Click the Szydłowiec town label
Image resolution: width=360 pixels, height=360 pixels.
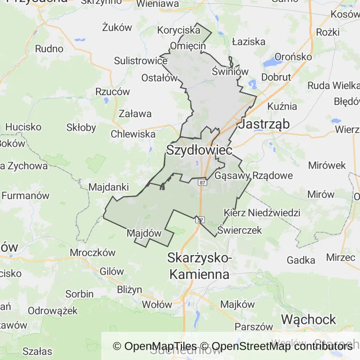click(199, 150)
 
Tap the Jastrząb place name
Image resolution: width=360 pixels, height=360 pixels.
click(264, 124)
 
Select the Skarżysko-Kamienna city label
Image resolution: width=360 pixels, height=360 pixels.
click(199, 266)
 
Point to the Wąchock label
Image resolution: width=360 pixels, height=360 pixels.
click(308, 320)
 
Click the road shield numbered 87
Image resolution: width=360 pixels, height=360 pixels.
click(202, 182)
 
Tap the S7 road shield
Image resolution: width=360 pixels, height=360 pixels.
click(200, 219)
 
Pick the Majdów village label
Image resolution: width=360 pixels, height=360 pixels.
click(144, 233)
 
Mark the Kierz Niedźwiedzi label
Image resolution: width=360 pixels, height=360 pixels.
click(262, 213)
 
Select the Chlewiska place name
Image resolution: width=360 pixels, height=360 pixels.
click(133, 134)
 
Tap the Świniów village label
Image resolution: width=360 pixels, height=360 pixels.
click(230, 71)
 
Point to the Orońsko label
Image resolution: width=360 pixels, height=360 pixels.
click(293, 56)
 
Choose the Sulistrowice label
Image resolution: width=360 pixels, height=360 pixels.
click(141, 61)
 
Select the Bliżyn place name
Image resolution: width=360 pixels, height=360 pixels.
click(130, 289)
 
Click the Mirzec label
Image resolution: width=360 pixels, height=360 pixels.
click(341, 257)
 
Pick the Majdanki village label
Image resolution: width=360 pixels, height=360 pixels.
click(109, 187)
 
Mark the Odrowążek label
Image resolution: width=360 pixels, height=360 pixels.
click(52, 310)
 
